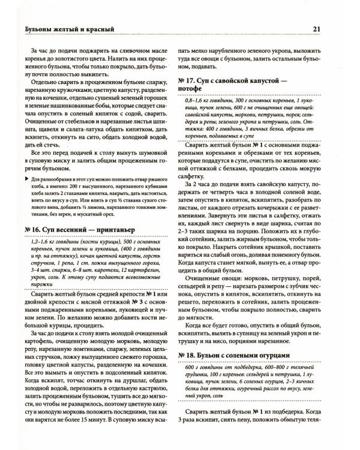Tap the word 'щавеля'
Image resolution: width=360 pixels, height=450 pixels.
point(37,118)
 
